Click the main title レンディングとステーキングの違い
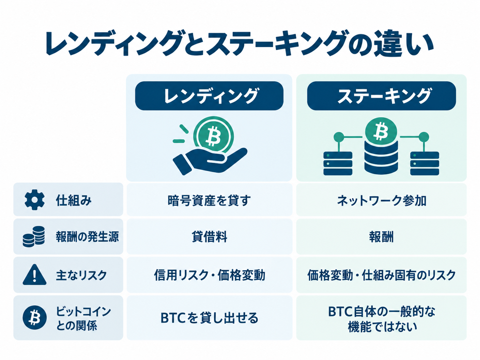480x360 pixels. click(239, 44)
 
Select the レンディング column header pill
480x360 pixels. click(209, 96)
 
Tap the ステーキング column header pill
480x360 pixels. click(381, 96)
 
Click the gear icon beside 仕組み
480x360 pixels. click(34, 200)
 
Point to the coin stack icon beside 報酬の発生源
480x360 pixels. click(34, 237)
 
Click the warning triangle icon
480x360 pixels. click(34, 274)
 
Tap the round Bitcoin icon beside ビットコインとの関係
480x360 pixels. click(34, 317)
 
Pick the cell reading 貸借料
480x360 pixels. click(209, 237)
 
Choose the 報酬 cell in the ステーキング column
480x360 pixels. click(381, 237)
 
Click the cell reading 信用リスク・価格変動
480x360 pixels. click(209, 275)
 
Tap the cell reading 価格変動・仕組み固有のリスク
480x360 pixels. click(381, 275)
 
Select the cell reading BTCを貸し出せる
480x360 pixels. click(209, 318)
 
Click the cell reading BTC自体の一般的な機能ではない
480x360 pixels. click(381, 318)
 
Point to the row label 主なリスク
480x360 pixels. click(81, 275)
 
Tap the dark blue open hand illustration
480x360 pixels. click(210, 161)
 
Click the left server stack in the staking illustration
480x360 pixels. click(338, 163)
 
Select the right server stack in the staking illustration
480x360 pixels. click(425, 163)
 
